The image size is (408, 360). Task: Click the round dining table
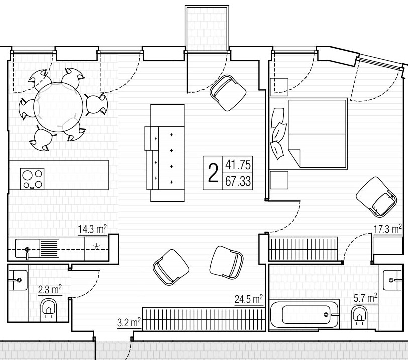[x=58, y=107]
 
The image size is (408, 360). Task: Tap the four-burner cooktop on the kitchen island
[x=32, y=179]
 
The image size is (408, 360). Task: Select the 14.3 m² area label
[x=92, y=230]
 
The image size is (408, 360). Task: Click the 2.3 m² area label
[x=50, y=290]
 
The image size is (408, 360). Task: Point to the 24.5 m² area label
[x=249, y=299]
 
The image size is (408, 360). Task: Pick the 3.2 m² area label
[x=129, y=323]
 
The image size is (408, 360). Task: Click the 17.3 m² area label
[x=388, y=229]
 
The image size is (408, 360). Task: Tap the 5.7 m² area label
[x=366, y=298]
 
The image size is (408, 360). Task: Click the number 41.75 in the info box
[x=238, y=165]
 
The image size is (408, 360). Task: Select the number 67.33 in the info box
[x=238, y=181]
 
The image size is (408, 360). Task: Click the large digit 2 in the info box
[x=213, y=173]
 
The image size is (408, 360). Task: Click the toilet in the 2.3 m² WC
[x=49, y=308]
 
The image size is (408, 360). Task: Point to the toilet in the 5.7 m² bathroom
[x=359, y=315]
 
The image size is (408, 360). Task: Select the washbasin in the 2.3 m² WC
[x=18, y=280]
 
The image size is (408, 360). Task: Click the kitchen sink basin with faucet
[x=27, y=249]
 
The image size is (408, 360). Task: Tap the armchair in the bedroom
[x=376, y=197]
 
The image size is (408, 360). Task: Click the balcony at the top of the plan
[x=207, y=28]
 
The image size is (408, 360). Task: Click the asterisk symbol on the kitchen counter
[x=96, y=247]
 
